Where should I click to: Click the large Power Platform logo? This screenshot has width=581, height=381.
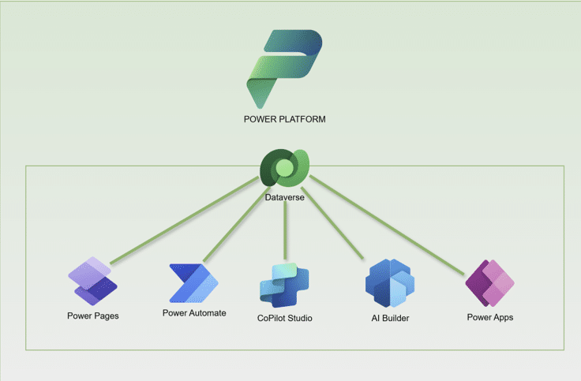point(284,68)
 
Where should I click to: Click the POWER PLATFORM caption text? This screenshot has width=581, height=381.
point(285,119)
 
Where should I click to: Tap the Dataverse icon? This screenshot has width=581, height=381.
point(284,169)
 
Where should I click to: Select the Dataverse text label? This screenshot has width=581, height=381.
point(284,198)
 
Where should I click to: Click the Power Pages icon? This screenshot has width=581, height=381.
point(92,281)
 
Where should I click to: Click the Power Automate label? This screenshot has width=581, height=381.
point(194,313)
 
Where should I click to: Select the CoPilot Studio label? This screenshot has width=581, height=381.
point(285,318)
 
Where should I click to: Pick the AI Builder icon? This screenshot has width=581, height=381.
point(390,283)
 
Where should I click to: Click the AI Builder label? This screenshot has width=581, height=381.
point(390,318)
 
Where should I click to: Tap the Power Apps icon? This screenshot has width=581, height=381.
point(489,282)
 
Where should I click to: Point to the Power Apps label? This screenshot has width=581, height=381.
point(489,317)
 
